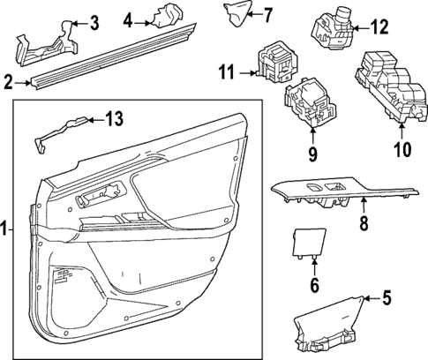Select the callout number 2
click(x=8, y=83)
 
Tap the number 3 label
click(x=94, y=22)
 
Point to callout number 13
click(x=128, y=19)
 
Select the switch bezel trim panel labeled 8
click(x=344, y=192)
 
